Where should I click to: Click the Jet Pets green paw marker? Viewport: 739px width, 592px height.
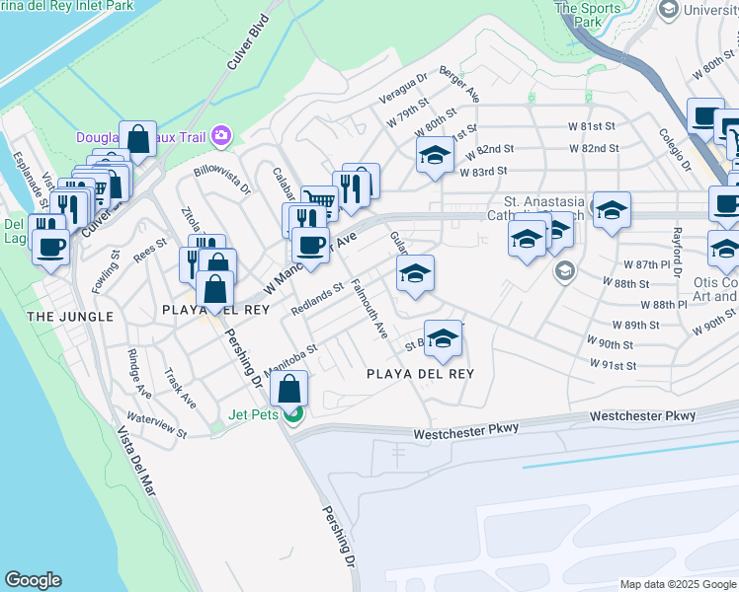pyautogui.click(x=293, y=413)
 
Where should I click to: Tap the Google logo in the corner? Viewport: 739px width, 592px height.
pyautogui.click(x=33, y=580)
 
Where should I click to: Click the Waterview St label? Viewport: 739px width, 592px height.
pyautogui.click(x=156, y=426)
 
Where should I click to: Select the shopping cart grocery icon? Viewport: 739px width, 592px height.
pyautogui.click(x=318, y=200)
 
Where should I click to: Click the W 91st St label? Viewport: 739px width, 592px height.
pyautogui.click(x=613, y=365)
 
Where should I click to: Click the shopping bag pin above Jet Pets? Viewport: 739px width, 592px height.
pyautogui.click(x=288, y=386)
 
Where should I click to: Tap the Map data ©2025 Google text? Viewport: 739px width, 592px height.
pyautogui.click(x=677, y=584)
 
